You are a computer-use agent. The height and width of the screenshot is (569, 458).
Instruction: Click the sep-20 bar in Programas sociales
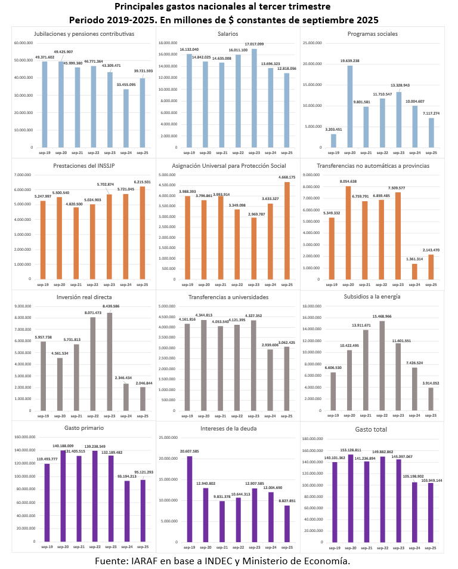(350, 106)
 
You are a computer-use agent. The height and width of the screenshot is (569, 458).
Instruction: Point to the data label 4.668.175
(287, 176)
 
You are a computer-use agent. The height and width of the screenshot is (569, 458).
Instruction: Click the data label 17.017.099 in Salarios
(254, 44)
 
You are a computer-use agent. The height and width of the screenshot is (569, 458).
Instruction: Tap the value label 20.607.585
(189, 451)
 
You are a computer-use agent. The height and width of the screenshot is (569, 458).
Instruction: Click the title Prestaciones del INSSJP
(84, 166)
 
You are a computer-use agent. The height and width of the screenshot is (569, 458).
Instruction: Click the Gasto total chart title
(372, 429)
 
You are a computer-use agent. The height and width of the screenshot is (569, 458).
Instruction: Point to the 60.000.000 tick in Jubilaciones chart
(23, 43)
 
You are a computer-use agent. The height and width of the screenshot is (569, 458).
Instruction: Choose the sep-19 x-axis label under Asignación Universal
(190, 284)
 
